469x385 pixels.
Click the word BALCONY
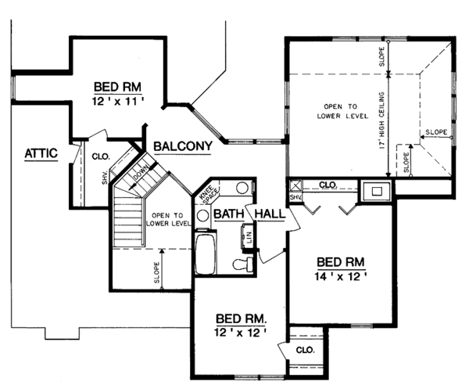(184, 146)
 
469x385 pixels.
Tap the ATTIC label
(41, 153)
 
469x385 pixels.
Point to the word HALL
(270, 214)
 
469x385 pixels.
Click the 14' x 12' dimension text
(340, 276)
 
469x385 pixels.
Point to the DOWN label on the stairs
(140, 174)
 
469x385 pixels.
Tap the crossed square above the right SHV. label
(295, 186)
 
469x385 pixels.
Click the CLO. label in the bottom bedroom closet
(304, 350)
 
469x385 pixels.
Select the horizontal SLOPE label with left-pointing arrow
(439, 132)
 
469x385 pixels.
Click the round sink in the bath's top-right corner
(242, 189)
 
